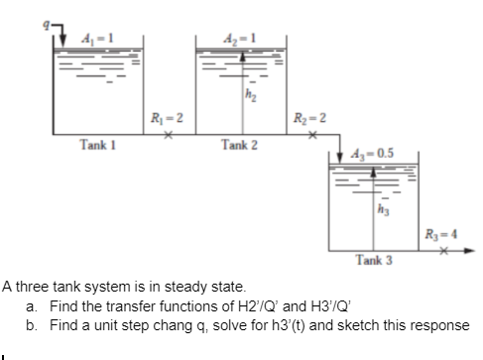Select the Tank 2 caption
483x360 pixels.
[x=239, y=146]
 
